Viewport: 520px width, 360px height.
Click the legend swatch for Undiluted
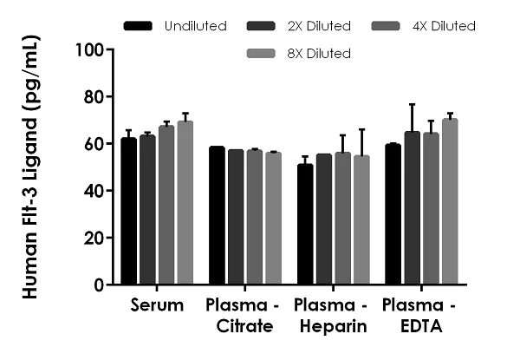(x=140, y=26)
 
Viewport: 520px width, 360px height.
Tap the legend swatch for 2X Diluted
(x=264, y=26)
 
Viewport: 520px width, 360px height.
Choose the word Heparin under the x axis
(x=331, y=327)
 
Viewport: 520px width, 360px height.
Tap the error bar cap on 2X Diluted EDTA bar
(x=412, y=104)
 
